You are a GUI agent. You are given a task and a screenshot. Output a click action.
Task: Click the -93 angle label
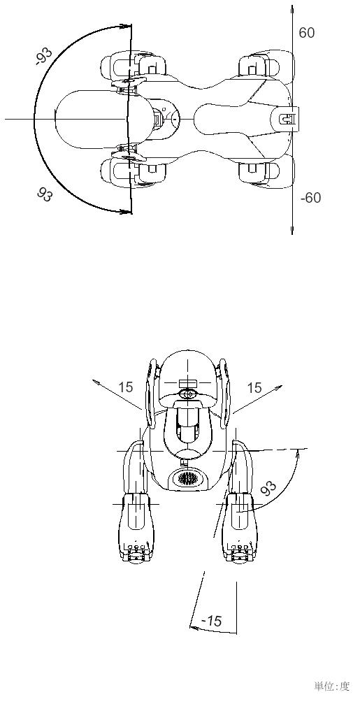pos(44,56)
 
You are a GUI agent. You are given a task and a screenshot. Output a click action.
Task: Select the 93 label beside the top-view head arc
pos(45,194)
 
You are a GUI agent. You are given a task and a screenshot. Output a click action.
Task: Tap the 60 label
pos(307,33)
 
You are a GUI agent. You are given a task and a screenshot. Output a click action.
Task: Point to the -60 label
pos(310,198)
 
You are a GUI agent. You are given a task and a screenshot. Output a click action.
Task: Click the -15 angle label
pos(212,621)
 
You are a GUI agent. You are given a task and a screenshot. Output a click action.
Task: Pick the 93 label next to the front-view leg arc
pos(268,488)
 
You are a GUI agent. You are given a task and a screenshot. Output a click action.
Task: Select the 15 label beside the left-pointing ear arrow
pos(126,387)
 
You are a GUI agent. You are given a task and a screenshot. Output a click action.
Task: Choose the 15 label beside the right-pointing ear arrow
pos(254,388)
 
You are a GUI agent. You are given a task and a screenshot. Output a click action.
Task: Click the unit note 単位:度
pos(331,686)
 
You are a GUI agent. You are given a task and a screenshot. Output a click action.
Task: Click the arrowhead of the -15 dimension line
pos(194,627)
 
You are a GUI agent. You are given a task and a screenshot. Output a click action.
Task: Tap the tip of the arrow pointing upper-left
pos(93,381)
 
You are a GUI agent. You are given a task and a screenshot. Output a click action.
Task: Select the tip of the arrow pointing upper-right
pos(282,386)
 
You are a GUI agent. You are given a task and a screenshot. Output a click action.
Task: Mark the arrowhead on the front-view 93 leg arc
pos(298,454)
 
